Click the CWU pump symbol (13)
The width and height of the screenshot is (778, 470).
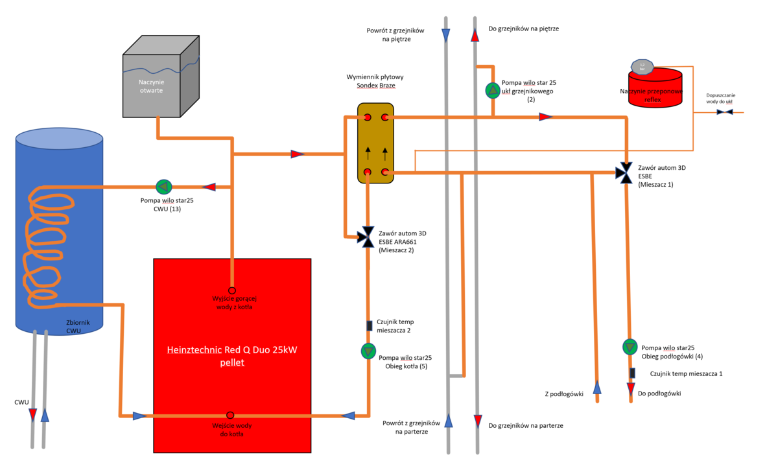click(x=162, y=187)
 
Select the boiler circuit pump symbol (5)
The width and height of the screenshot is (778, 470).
click(x=368, y=351)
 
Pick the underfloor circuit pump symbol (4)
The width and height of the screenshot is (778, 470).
click(x=630, y=347)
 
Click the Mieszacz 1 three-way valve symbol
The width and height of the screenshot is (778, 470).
click(x=626, y=172)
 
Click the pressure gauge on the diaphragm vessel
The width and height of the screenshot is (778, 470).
click(x=642, y=66)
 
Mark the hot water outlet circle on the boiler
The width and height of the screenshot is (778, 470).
click(x=231, y=291)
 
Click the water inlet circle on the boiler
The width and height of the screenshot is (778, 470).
click(x=230, y=416)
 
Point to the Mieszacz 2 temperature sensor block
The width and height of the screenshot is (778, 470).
click(x=369, y=325)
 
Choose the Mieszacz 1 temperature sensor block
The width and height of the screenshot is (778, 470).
click(x=632, y=373)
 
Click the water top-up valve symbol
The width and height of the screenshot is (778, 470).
click(x=725, y=112)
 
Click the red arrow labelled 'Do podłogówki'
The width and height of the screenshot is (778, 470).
click(x=631, y=389)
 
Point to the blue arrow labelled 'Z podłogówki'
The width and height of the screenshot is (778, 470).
click(x=597, y=388)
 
